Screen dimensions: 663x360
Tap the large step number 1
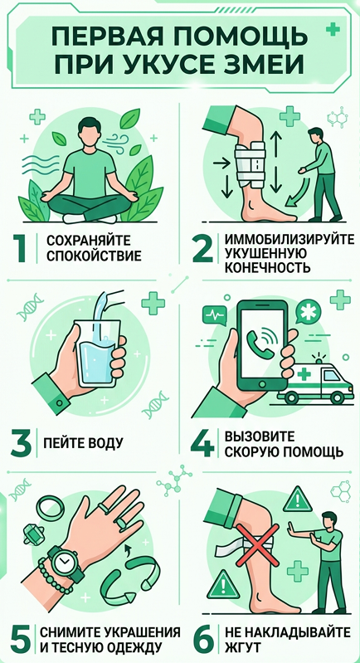tap(22, 248)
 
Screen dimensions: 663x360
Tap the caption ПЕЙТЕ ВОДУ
tap(83, 443)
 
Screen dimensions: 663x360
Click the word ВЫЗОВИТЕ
tap(257, 436)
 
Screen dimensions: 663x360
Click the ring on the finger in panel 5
tap(120, 523)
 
